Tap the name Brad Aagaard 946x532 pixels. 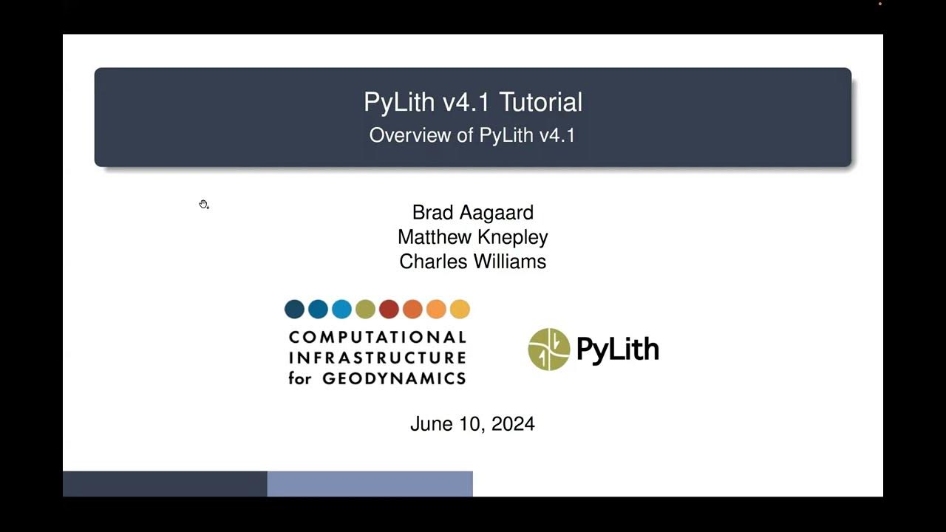coord(472,213)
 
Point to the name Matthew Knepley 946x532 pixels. coord(472,237)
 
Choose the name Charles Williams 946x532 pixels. coord(472,262)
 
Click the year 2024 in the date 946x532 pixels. coord(512,424)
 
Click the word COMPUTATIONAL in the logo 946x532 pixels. coord(377,338)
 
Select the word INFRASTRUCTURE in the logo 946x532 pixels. coord(377,358)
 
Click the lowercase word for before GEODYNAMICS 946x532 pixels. coord(301,379)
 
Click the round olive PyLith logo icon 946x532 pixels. coord(549,349)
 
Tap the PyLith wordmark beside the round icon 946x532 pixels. coord(617,349)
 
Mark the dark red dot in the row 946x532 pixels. coord(389,309)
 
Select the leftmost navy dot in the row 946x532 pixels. coord(294,309)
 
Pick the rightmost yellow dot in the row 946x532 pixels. coord(460,309)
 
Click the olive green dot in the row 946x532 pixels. coord(365,309)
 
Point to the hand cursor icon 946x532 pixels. coord(203,205)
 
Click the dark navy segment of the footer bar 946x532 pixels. coord(165,484)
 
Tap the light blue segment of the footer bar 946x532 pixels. coord(370,484)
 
